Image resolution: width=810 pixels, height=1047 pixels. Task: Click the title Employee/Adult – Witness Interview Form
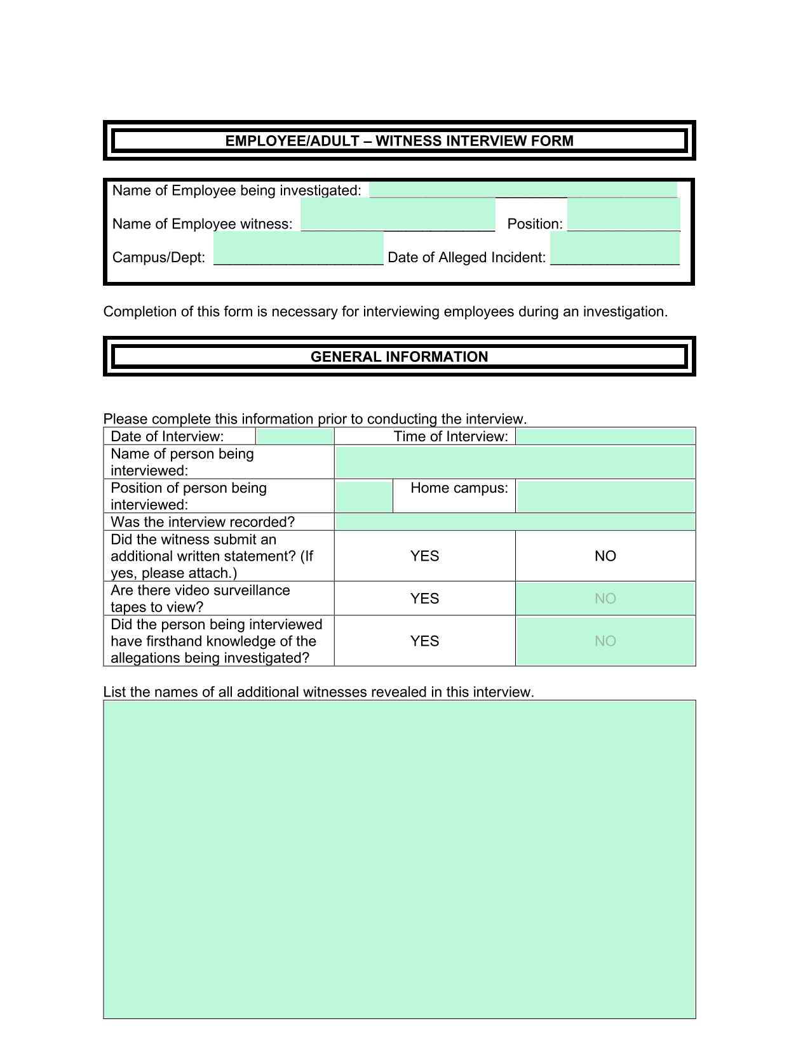pyautogui.click(x=399, y=141)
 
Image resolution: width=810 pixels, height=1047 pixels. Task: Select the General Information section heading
pyautogui.click(x=399, y=357)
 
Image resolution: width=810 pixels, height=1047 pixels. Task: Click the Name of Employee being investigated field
pyautogui.click(x=523, y=190)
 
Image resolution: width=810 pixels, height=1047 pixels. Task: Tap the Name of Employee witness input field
pyautogui.click(x=398, y=215)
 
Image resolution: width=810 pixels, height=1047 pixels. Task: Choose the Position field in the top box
pyautogui.click(x=623, y=215)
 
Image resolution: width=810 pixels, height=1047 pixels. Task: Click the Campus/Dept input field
pyautogui.click(x=298, y=248)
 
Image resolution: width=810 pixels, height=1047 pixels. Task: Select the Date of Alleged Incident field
pyautogui.click(x=614, y=248)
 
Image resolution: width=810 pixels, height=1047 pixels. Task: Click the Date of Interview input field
pyautogui.click(x=295, y=436)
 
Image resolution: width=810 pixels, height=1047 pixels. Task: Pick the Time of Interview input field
pyautogui.click(x=605, y=436)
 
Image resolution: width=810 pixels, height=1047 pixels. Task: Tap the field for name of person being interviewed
pyautogui.click(x=515, y=462)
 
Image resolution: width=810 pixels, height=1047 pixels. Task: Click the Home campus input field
pyautogui.click(x=605, y=496)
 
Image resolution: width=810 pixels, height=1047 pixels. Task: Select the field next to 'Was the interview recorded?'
pyautogui.click(x=515, y=522)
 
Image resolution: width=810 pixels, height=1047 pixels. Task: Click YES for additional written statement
pyautogui.click(x=424, y=556)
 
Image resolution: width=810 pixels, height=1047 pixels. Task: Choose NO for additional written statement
pyautogui.click(x=605, y=556)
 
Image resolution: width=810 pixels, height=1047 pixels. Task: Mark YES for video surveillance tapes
pyautogui.click(x=424, y=599)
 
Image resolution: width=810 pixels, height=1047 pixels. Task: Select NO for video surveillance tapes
pyautogui.click(x=605, y=599)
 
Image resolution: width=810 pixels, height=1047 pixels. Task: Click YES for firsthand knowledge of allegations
pyautogui.click(x=424, y=641)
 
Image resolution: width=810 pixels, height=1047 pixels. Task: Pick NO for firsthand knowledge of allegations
pyautogui.click(x=605, y=641)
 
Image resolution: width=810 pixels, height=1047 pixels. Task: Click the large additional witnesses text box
pyautogui.click(x=399, y=859)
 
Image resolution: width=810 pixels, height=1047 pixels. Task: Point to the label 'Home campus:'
pyautogui.click(x=459, y=488)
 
